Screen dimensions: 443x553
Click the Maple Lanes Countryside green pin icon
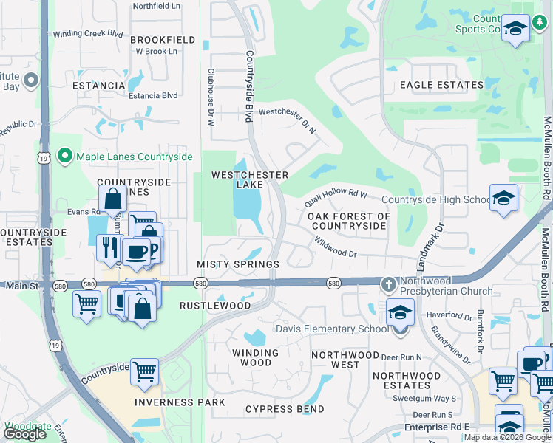(65, 157)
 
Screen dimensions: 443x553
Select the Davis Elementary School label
(330, 329)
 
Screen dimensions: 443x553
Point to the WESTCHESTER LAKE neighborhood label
(249, 179)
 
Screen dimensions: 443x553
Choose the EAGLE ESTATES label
(441, 85)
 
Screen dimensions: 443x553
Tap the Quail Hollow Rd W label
(336, 198)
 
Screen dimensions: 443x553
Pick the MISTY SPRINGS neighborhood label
(238, 264)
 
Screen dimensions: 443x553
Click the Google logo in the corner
(24, 434)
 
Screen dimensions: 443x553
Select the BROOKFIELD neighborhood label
(163, 40)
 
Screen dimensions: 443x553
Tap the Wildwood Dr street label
(335, 247)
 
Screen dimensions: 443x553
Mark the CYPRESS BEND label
(285, 409)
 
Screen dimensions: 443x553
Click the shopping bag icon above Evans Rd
(113, 198)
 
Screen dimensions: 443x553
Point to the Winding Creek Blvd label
(88, 34)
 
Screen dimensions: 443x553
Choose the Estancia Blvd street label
(153, 95)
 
